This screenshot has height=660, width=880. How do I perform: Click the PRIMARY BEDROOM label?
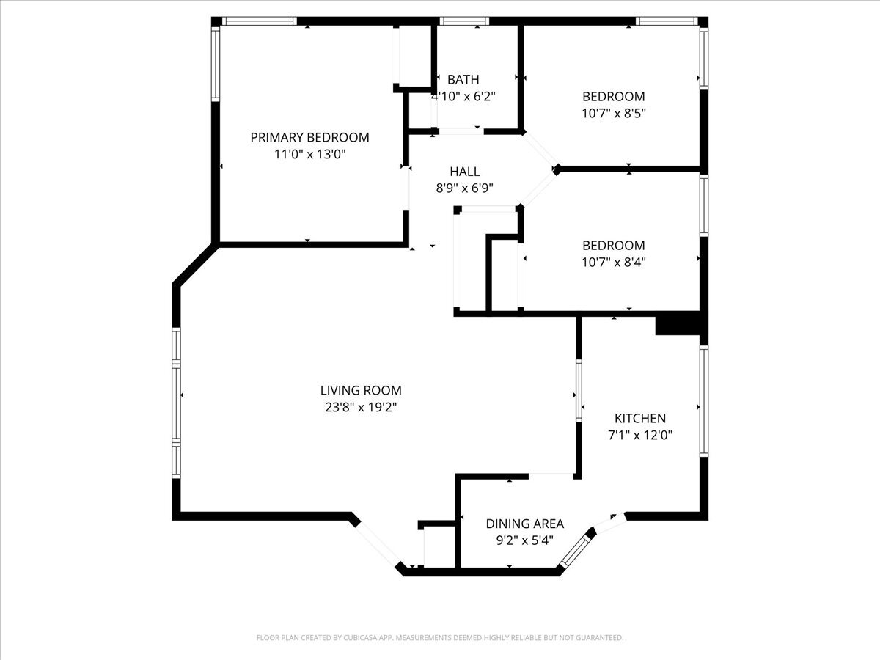309,137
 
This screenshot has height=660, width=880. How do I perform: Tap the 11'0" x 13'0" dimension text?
309,155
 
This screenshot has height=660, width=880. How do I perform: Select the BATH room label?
463,79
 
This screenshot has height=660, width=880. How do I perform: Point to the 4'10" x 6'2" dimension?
463,96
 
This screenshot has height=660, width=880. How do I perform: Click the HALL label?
464,172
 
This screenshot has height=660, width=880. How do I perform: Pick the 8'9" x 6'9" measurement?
464,188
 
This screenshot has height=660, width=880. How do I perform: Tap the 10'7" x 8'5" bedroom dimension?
614,113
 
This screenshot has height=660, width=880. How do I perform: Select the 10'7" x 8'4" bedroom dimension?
614,262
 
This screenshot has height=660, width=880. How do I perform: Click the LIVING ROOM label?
361,391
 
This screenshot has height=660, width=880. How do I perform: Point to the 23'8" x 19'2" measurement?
361,408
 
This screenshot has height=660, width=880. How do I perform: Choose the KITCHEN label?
639,418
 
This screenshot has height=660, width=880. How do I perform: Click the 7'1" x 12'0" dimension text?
639,434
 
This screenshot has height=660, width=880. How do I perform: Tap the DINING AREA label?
525,524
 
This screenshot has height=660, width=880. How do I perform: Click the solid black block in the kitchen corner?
678,325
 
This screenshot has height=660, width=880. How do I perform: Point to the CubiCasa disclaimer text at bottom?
440,638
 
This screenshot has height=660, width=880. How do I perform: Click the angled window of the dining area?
576,549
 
